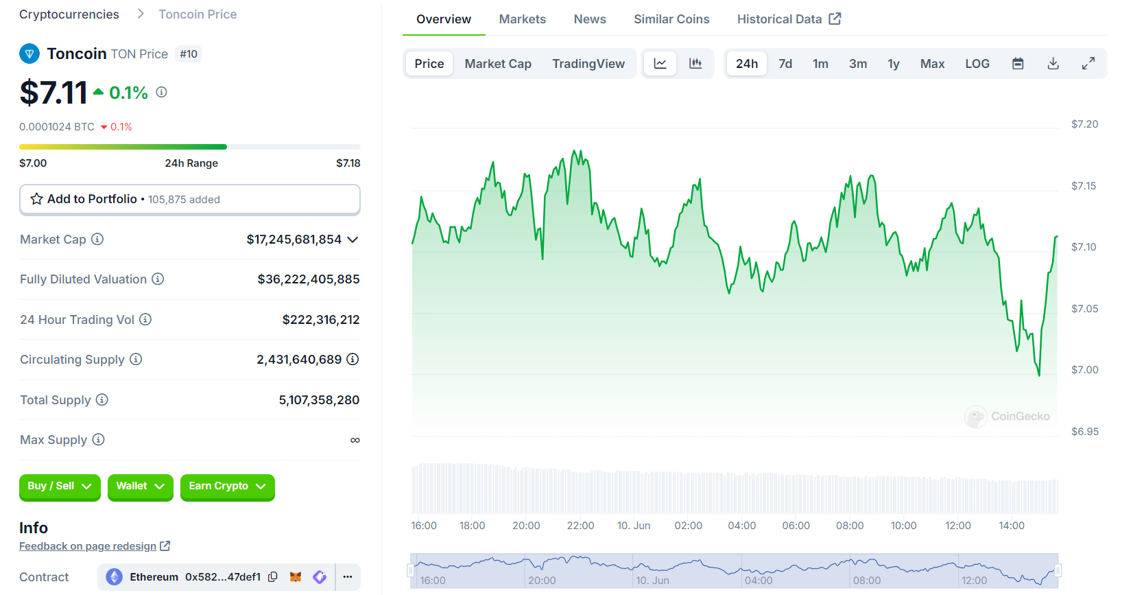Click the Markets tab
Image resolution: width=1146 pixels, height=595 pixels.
coord(522,19)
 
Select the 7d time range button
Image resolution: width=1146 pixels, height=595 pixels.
coord(785,64)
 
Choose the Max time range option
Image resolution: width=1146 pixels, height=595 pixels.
coord(931,64)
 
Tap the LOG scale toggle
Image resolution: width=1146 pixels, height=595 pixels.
coord(977,64)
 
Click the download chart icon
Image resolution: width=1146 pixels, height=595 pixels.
coord(1053,64)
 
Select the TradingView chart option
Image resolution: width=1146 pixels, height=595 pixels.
coord(588,64)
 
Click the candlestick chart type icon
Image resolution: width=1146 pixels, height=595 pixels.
coord(695,64)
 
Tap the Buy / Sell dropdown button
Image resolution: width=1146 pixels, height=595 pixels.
coord(59,487)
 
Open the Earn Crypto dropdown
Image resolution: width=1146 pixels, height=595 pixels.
coord(227,487)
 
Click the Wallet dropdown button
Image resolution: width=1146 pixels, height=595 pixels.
coord(140,487)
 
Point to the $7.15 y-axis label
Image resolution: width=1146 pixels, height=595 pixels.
coord(1083,186)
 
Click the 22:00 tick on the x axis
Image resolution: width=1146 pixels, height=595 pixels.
coord(580,526)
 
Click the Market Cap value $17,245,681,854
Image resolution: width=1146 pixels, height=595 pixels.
coord(294,240)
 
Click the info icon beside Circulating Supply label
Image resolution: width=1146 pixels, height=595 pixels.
coord(136,359)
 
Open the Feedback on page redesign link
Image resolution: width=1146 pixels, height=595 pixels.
coord(88,546)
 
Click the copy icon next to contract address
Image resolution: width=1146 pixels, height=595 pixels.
coord(273,577)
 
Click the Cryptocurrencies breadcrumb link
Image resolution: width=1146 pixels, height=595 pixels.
coord(69,14)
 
